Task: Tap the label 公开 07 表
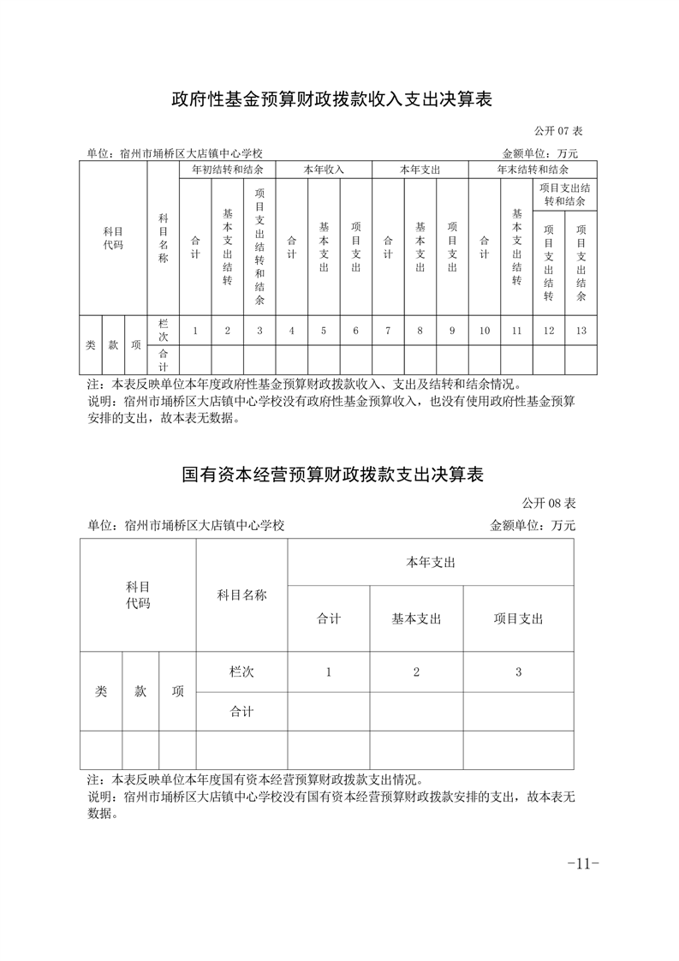(x=558, y=131)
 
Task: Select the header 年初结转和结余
(x=227, y=170)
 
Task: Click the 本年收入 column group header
(x=324, y=170)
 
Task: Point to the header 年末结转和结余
(x=533, y=170)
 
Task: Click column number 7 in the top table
(x=388, y=331)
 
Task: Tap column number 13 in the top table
(x=581, y=331)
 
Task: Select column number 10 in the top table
(x=485, y=331)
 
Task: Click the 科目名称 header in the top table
(x=163, y=238)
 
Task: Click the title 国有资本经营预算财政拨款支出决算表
(x=339, y=474)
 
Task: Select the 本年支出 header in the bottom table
(x=430, y=562)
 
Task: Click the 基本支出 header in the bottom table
(x=416, y=618)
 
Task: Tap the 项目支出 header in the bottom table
(x=518, y=618)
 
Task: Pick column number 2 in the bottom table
(x=416, y=672)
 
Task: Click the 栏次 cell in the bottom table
(x=241, y=672)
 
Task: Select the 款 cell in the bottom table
(x=140, y=691)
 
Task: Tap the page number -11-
(x=582, y=863)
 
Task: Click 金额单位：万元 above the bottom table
(x=533, y=525)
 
